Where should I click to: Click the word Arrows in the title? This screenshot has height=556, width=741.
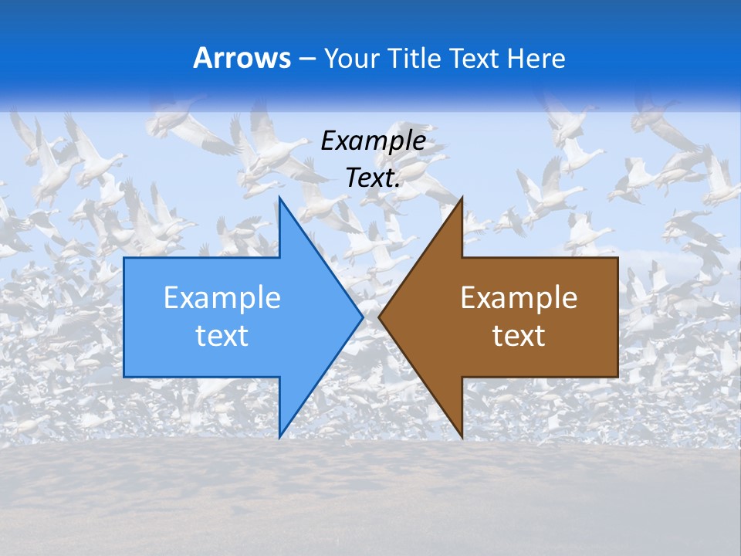(242, 58)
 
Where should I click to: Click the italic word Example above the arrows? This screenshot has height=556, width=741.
(373, 141)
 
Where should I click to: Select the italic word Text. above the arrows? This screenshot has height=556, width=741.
(373, 178)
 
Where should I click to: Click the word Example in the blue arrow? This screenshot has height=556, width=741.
(222, 298)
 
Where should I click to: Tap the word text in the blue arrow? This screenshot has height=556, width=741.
(222, 336)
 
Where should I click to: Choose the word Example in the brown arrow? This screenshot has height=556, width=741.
(519, 298)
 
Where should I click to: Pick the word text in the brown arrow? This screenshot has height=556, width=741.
(519, 336)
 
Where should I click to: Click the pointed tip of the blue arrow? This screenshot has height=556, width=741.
(362, 317)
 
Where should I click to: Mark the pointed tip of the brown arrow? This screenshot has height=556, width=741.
(380, 317)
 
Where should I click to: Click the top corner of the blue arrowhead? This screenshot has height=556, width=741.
(280, 198)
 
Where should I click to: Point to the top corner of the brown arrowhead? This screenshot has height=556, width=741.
(462, 198)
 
